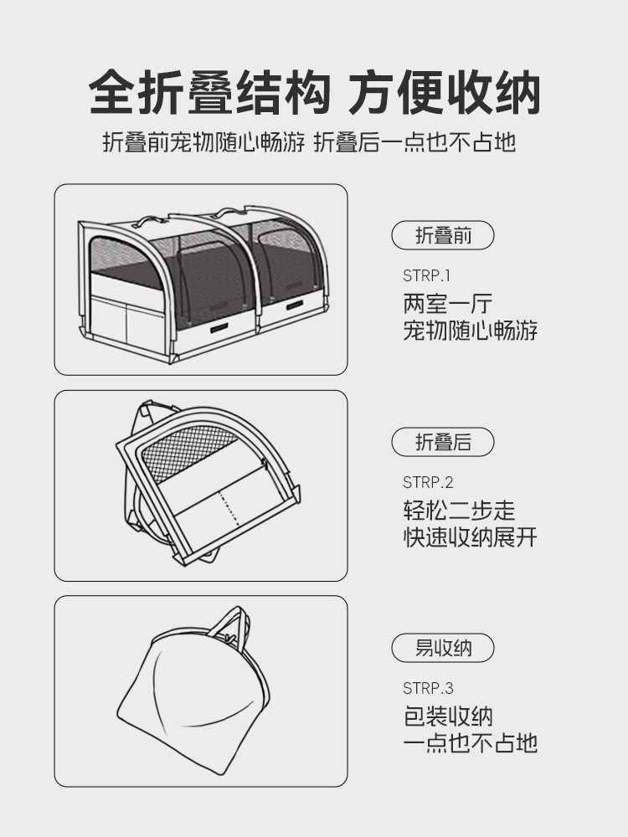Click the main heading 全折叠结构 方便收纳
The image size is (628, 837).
point(314,92)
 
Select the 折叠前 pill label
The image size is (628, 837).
point(443,236)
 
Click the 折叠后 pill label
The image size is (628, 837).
point(443,442)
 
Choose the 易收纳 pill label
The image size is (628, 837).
point(443,648)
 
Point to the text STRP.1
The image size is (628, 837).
point(427,275)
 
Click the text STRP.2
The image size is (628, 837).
point(427,482)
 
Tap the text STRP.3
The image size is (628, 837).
point(427,688)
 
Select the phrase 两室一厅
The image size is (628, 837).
point(448,303)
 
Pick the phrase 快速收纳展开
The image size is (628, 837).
point(470,537)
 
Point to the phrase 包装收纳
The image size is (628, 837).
point(448,716)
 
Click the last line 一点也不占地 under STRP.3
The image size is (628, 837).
point(470,743)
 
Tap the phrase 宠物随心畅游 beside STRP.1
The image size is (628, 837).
point(470,330)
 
